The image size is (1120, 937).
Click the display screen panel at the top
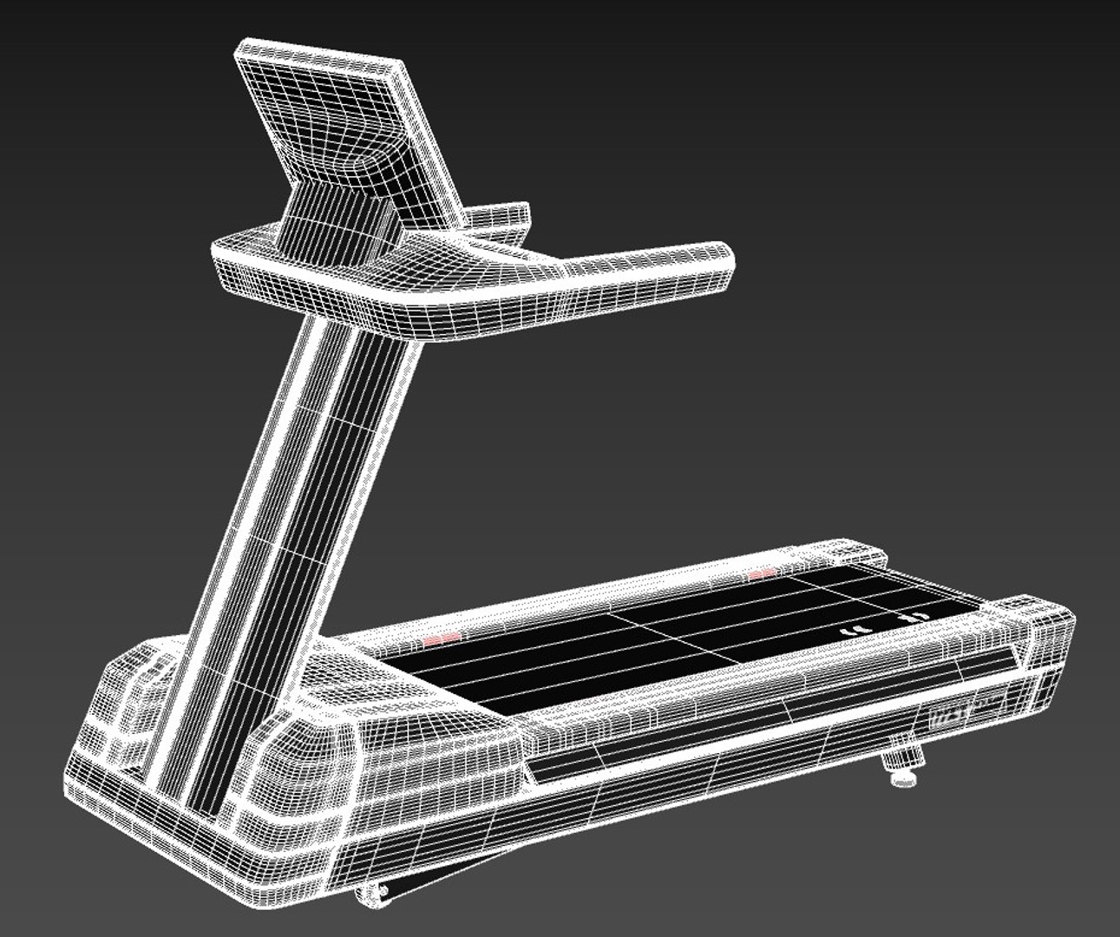(x=347, y=121)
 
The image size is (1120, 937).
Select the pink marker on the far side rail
(x=761, y=573)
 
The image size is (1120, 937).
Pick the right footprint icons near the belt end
(x=911, y=616)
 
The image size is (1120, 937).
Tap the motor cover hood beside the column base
(x=408, y=703)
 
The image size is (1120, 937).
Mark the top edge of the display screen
(x=321, y=52)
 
